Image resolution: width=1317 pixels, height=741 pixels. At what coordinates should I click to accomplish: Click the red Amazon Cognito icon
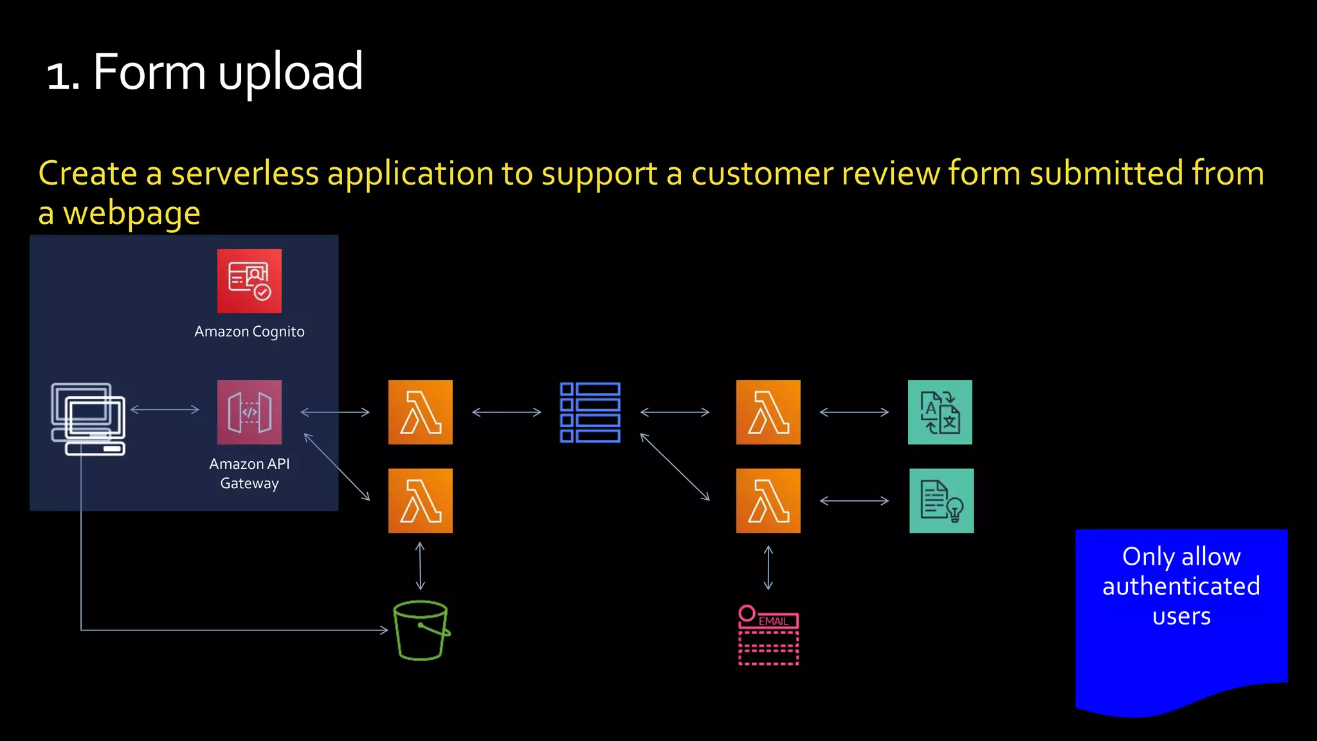click(x=249, y=281)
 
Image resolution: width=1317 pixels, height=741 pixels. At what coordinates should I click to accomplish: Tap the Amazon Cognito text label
click(x=250, y=331)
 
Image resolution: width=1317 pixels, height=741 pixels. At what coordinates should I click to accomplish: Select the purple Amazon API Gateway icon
click(x=249, y=412)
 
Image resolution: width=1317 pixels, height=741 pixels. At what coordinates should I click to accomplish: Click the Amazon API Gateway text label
click(x=250, y=473)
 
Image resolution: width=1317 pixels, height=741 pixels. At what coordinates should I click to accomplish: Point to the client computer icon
click(x=88, y=419)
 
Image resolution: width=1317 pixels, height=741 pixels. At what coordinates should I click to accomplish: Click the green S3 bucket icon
click(x=421, y=630)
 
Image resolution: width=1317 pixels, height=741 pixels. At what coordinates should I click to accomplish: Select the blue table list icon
click(x=590, y=412)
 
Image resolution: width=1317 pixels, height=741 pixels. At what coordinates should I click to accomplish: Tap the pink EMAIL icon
click(x=768, y=636)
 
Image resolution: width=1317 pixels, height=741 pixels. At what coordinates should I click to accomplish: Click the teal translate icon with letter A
click(x=940, y=412)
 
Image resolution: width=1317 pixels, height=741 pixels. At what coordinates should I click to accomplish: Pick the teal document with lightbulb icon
click(x=941, y=500)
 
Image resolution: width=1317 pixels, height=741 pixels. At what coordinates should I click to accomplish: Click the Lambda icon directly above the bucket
click(x=420, y=500)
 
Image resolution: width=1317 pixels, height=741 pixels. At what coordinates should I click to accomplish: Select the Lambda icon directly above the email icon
click(x=768, y=500)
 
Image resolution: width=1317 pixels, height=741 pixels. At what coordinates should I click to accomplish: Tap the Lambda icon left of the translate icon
click(x=768, y=412)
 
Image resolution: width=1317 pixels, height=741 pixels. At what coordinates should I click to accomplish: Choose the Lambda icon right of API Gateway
click(x=420, y=412)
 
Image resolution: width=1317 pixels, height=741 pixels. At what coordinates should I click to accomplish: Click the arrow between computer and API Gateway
click(x=165, y=409)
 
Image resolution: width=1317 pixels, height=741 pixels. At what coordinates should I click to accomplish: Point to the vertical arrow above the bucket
click(x=420, y=566)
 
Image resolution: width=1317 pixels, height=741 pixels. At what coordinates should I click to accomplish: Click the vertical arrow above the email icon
click(x=768, y=568)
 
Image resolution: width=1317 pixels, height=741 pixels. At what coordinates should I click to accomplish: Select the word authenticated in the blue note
click(x=1181, y=586)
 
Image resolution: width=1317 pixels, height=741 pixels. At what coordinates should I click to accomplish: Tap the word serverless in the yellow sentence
click(x=244, y=174)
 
